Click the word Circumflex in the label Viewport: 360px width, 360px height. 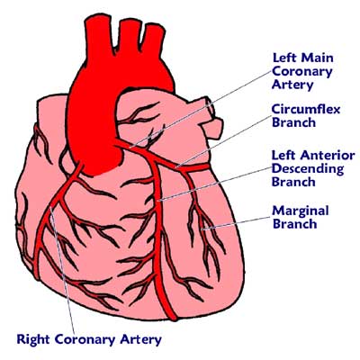click(306, 109)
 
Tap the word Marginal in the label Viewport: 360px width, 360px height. click(301, 211)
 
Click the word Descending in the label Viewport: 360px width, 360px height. click(308, 169)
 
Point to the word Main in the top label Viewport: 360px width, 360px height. click(318, 58)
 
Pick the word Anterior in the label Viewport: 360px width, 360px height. click(328, 156)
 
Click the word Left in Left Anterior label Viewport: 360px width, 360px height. click(284, 156)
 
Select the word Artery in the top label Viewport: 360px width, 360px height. click(292, 85)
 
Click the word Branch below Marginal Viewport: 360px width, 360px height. click(295, 224)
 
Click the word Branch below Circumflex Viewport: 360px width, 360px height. click(293, 122)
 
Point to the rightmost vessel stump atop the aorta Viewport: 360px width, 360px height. click(153, 38)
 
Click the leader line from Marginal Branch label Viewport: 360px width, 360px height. click(237, 223)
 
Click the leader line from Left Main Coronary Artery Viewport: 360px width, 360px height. click(201, 110)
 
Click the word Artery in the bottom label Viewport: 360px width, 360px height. click(140, 340)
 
